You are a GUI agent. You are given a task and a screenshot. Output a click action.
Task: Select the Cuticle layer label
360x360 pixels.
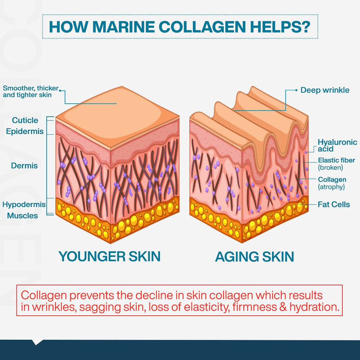click(x=25, y=120)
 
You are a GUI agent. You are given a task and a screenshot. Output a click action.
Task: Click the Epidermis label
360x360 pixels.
click(x=25, y=131)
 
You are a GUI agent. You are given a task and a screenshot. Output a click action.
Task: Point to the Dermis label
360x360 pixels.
click(x=24, y=166)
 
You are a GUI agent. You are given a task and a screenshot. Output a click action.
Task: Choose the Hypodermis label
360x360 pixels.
click(x=24, y=204)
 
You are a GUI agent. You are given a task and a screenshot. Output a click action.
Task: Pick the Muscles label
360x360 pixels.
click(x=22, y=216)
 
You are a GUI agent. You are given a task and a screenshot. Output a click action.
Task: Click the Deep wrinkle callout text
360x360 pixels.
click(x=325, y=90)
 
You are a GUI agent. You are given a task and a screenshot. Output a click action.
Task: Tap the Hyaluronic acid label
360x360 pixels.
click(x=337, y=145)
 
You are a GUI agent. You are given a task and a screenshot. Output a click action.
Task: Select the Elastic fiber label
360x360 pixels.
click(x=336, y=160)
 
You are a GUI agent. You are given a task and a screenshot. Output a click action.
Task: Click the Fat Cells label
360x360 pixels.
click(x=334, y=204)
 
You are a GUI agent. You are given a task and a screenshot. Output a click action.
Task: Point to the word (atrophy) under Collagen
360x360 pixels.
click(x=331, y=187)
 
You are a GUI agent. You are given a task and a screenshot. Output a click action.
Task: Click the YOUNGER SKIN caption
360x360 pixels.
click(x=109, y=256)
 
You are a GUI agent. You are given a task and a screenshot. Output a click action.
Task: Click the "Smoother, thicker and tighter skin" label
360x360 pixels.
click(x=30, y=91)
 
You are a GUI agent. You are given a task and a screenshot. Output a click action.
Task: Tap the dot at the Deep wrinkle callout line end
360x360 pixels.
click(x=296, y=90)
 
